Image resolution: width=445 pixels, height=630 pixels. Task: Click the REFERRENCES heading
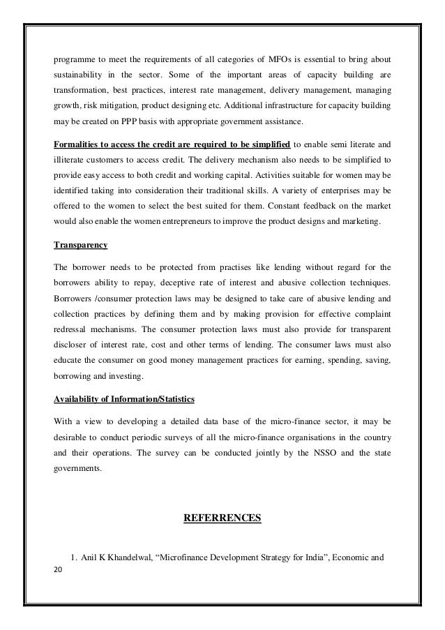pyautogui.click(x=222, y=518)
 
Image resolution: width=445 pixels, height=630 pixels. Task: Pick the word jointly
pyautogui.click(x=241, y=453)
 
